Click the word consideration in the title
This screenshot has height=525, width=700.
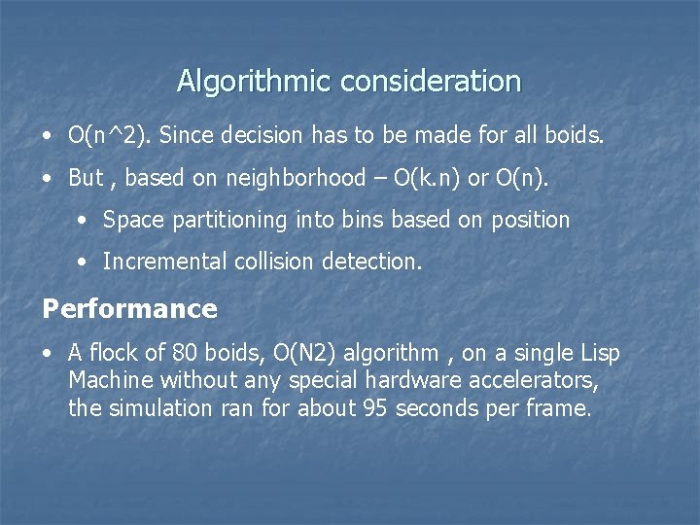[431, 81]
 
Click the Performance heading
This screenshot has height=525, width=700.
[129, 309]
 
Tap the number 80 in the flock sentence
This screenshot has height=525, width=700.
[183, 353]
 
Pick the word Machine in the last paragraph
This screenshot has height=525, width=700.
[111, 380]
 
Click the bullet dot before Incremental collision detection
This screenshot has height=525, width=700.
[83, 262]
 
